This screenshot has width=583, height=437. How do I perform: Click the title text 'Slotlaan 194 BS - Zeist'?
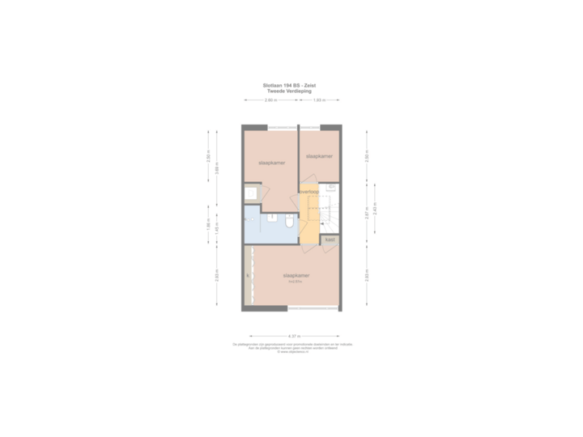coord(291,84)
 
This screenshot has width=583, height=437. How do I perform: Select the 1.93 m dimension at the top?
coord(319,100)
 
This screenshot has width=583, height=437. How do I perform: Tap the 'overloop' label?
coord(309,191)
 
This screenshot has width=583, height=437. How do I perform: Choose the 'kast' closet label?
coord(330,240)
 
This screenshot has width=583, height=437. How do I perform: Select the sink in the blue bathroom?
coord(271,218)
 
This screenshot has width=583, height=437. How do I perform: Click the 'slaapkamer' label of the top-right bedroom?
coord(319,155)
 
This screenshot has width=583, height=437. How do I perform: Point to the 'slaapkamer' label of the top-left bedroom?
coord(271,162)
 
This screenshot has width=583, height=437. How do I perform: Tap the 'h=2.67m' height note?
coord(292,282)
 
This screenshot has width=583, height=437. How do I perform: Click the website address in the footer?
coord(291,353)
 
